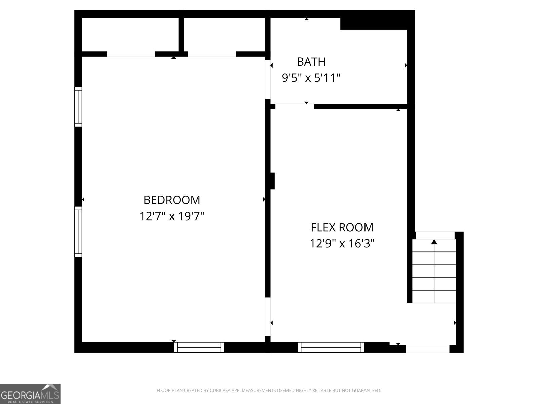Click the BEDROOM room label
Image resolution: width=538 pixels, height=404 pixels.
pyautogui.click(x=172, y=200)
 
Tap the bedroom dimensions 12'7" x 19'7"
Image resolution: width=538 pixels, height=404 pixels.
pyautogui.click(x=172, y=216)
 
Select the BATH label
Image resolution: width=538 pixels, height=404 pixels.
pyautogui.click(x=311, y=62)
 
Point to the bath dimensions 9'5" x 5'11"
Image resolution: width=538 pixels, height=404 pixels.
pyautogui.click(x=311, y=78)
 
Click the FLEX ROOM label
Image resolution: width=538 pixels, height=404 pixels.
pyautogui.click(x=342, y=228)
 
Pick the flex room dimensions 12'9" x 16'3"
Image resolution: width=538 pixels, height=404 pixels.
pyautogui.click(x=342, y=243)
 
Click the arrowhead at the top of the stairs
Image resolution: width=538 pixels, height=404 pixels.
pyautogui.click(x=434, y=242)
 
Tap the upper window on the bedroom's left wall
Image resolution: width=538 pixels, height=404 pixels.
pyautogui.click(x=78, y=107)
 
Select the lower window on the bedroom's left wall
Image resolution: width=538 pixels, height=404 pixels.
pyautogui.click(x=78, y=232)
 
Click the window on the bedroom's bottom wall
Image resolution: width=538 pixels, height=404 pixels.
pyautogui.click(x=199, y=347)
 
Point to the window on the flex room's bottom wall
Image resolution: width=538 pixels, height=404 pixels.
pyautogui.click(x=331, y=347)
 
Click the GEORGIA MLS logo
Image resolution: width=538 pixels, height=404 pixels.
pyautogui.click(x=30, y=394)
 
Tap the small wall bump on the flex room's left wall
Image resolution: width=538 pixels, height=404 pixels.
pyautogui.click(x=273, y=181)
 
